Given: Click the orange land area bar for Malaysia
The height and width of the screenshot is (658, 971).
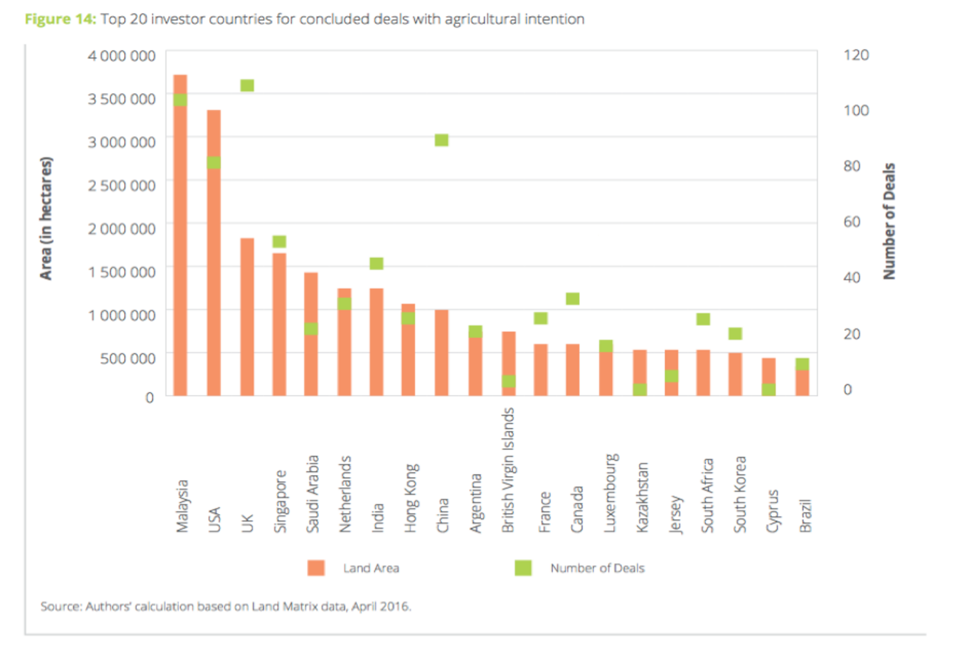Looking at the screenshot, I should tap(180, 247).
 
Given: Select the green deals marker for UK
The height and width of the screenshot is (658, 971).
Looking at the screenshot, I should tap(247, 85).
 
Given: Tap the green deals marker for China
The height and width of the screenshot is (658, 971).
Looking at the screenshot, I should tap(441, 140).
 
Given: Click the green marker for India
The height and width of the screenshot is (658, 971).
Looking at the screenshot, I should tap(376, 263).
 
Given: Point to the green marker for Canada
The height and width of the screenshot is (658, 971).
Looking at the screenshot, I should tap(572, 299).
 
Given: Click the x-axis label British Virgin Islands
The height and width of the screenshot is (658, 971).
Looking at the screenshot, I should tap(508, 470).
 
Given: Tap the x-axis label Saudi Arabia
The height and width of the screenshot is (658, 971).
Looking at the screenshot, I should tap(312, 494).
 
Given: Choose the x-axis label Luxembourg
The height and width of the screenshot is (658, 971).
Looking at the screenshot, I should tap(611, 493).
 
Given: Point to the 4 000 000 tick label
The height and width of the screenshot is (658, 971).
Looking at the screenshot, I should tap(121, 56).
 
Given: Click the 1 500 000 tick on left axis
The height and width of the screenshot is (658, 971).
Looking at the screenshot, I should tap(121, 272).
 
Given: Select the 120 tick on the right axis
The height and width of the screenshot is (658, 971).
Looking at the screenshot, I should tap(856, 55).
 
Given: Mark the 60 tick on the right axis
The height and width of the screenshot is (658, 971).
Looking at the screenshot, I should tap(852, 221).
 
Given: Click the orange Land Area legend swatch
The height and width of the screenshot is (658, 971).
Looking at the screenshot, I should tap(316, 568).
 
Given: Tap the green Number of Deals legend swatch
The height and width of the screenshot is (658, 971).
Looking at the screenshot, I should tap(523, 568).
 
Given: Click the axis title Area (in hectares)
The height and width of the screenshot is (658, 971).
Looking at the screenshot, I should tap(46, 218).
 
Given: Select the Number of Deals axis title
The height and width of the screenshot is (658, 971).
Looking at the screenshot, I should tap(889, 221).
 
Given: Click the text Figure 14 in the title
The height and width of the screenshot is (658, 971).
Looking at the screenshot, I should tap(60, 19).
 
